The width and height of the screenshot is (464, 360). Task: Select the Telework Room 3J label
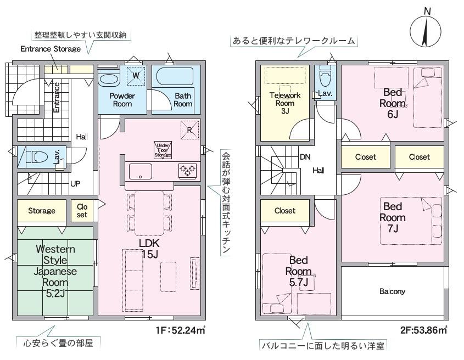285,103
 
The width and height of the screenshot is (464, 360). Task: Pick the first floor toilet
36,157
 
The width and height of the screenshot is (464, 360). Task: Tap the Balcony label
392,291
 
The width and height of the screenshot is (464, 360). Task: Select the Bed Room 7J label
394,217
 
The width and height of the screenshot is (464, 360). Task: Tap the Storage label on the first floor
42,211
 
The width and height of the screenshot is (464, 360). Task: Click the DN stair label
305,157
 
